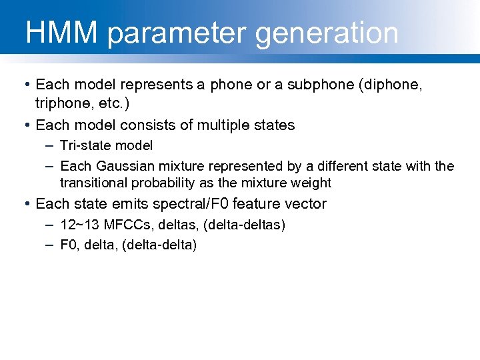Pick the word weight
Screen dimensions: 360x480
click(311, 183)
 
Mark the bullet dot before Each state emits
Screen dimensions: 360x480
click(26, 204)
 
